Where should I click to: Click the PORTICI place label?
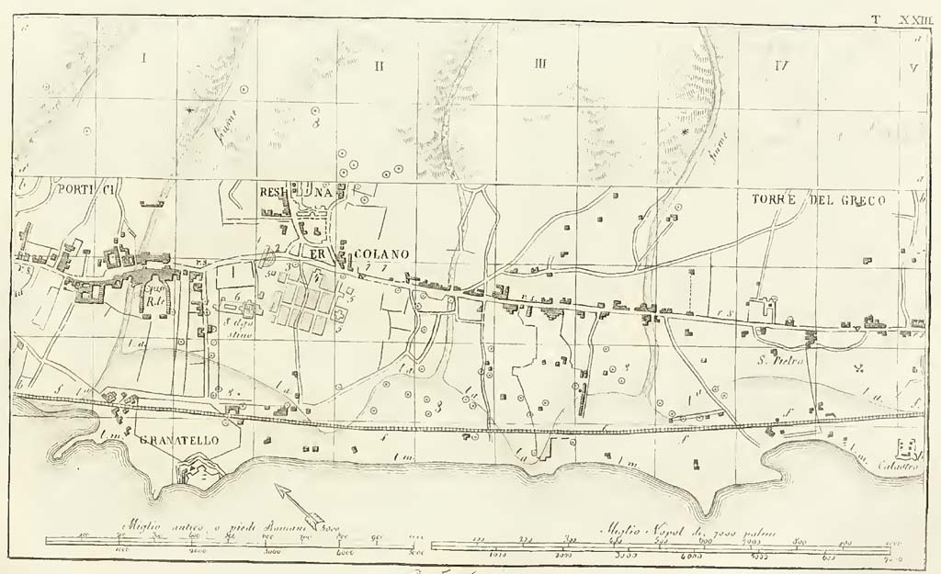pyautogui.click(x=83, y=190)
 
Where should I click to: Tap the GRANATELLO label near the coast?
pyautogui.click(x=178, y=441)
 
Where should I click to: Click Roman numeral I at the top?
pyautogui.click(x=144, y=58)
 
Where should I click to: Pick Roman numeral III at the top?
pyautogui.click(x=540, y=63)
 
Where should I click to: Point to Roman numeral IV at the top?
pyautogui.click(x=782, y=65)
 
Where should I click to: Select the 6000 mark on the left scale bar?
pyautogui.click(x=341, y=554)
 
